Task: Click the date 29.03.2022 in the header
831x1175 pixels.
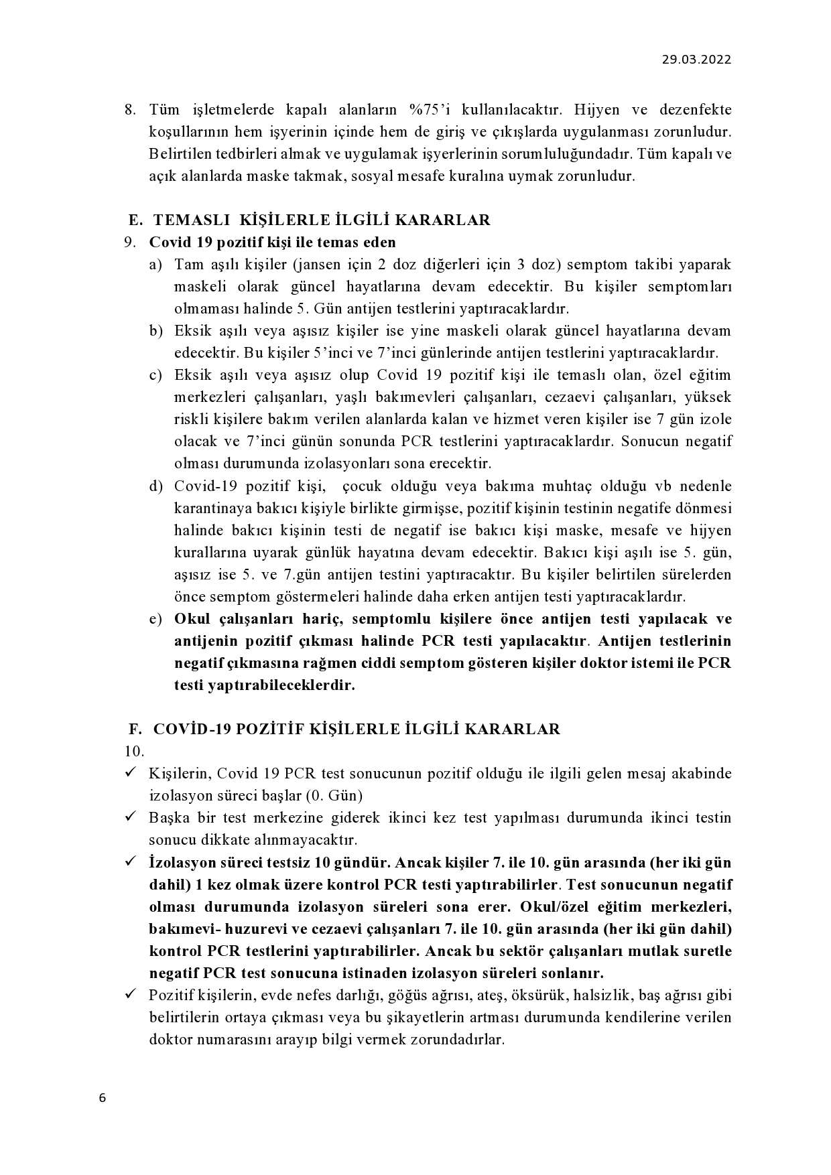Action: pyautogui.click(x=696, y=59)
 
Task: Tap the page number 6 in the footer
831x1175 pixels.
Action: pyautogui.click(x=102, y=1097)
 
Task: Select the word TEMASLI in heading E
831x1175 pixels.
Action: pyautogui.click(x=191, y=220)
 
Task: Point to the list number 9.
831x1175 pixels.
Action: pyautogui.click(x=130, y=242)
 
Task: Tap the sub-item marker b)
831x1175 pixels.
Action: pyautogui.click(x=155, y=330)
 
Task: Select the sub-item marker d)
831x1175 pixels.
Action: pyautogui.click(x=155, y=486)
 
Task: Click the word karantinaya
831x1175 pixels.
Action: pyautogui.click(x=207, y=508)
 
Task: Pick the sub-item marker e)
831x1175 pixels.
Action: pyautogui.click(x=155, y=618)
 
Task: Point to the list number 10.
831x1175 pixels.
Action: pyautogui.click(x=134, y=751)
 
